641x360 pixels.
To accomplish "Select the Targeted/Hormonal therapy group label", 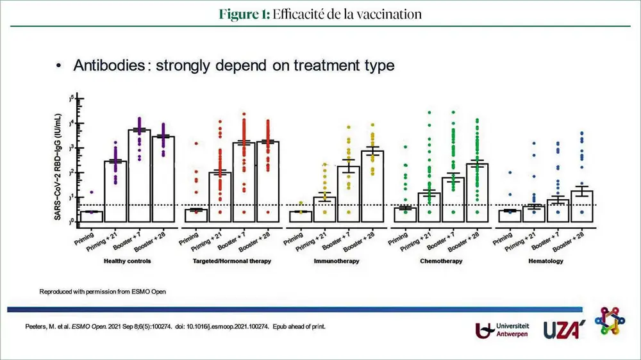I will click(232, 262).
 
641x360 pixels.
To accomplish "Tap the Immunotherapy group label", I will click(336, 262).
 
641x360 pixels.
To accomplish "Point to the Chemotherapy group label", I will click(440, 262).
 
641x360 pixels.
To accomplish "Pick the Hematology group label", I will click(546, 262).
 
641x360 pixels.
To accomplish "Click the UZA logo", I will click(561, 330).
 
